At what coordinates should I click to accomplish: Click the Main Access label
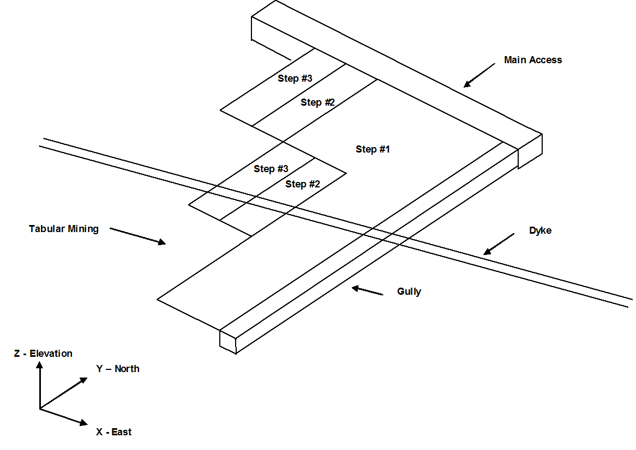(532, 60)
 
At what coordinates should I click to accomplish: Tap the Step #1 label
(373, 149)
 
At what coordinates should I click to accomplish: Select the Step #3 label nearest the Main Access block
(295, 78)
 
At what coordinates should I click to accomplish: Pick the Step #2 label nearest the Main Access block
(317, 102)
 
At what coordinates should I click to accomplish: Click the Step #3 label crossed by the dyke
(271, 169)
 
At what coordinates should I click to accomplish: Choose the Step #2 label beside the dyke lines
(302, 184)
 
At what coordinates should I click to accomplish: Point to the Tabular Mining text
(64, 229)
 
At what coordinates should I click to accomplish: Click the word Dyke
(540, 230)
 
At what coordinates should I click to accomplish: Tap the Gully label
(409, 291)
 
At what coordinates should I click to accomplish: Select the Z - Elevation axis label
(43, 354)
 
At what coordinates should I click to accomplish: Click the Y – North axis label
(118, 369)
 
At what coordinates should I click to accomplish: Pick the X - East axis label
(113, 432)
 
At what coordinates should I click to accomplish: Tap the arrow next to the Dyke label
(499, 244)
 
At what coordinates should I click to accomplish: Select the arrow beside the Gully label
(367, 290)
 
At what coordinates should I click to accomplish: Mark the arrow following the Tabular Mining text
(137, 236)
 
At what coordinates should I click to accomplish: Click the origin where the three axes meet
(40, 409)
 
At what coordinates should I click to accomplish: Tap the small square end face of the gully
(228, 341)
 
